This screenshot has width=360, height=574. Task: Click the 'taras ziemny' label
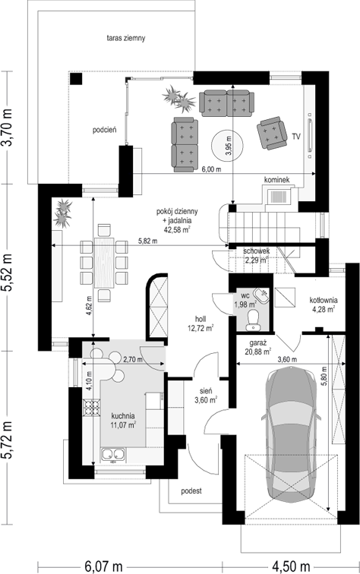coord(126,38)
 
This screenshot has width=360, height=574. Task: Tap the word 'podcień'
coord(105,130)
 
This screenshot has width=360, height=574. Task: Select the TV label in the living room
coord(296,137)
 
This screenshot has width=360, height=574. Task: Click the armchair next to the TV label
coord(272,133)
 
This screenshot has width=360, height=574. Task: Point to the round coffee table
coord(227,145)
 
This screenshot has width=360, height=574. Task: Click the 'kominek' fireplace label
coord(277,179)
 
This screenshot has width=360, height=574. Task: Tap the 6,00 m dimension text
coord(212,169)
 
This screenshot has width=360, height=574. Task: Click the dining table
coord(104,263)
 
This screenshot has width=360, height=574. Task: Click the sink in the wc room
coord(263,295)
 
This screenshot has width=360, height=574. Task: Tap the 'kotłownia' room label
coord(324,300)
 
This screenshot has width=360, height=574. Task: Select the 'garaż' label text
coord(257,343)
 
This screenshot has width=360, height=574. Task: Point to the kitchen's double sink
coord(113,454)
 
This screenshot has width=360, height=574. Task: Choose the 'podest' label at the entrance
coord(191,491)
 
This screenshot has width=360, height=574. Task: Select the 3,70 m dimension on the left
coord(8,128)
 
